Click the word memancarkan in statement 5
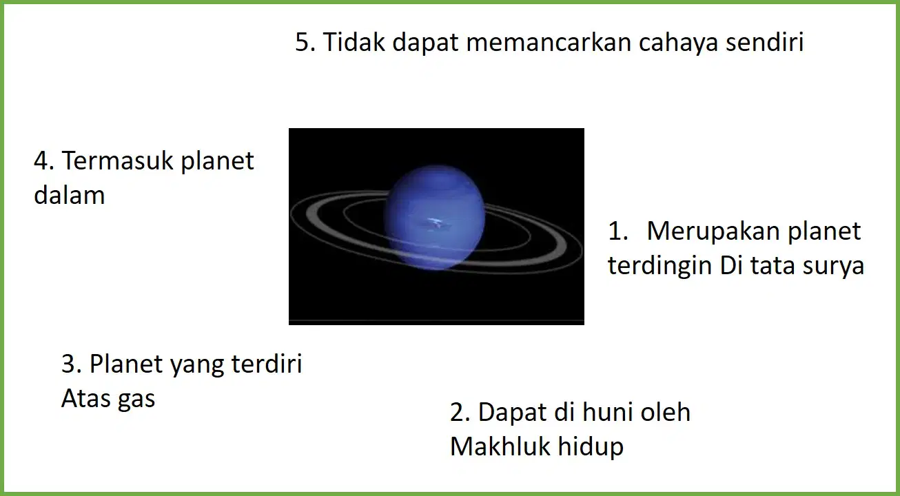point(549,42)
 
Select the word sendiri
point(764,41)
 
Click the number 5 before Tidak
point(305,42)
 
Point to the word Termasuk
point(117,161)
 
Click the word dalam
point(70,195)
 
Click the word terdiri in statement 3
point(267,364)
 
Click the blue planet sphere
point(434,217)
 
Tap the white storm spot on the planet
point(436,223)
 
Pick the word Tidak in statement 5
point(354,42)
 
